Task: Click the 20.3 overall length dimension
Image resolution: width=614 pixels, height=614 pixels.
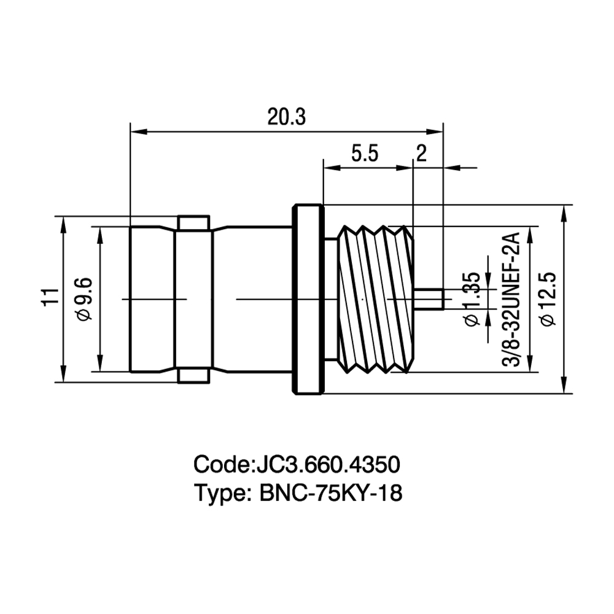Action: coord(286,117)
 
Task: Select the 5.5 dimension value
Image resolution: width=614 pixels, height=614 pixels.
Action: coord(365,153)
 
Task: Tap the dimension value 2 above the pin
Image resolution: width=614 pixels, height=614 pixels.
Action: coord(421,153)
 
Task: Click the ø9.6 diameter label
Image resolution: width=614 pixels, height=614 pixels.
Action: coord(85,299)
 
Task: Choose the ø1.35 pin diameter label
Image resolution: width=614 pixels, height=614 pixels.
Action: coord(472,299)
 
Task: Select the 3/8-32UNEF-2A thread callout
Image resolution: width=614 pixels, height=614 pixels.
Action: coord(511,300)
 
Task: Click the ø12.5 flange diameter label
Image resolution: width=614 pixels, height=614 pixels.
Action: coord(548,299)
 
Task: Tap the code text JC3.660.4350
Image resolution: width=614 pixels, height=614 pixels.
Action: coord(327,464)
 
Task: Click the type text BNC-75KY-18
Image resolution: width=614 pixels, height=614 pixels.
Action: coord(331,493)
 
